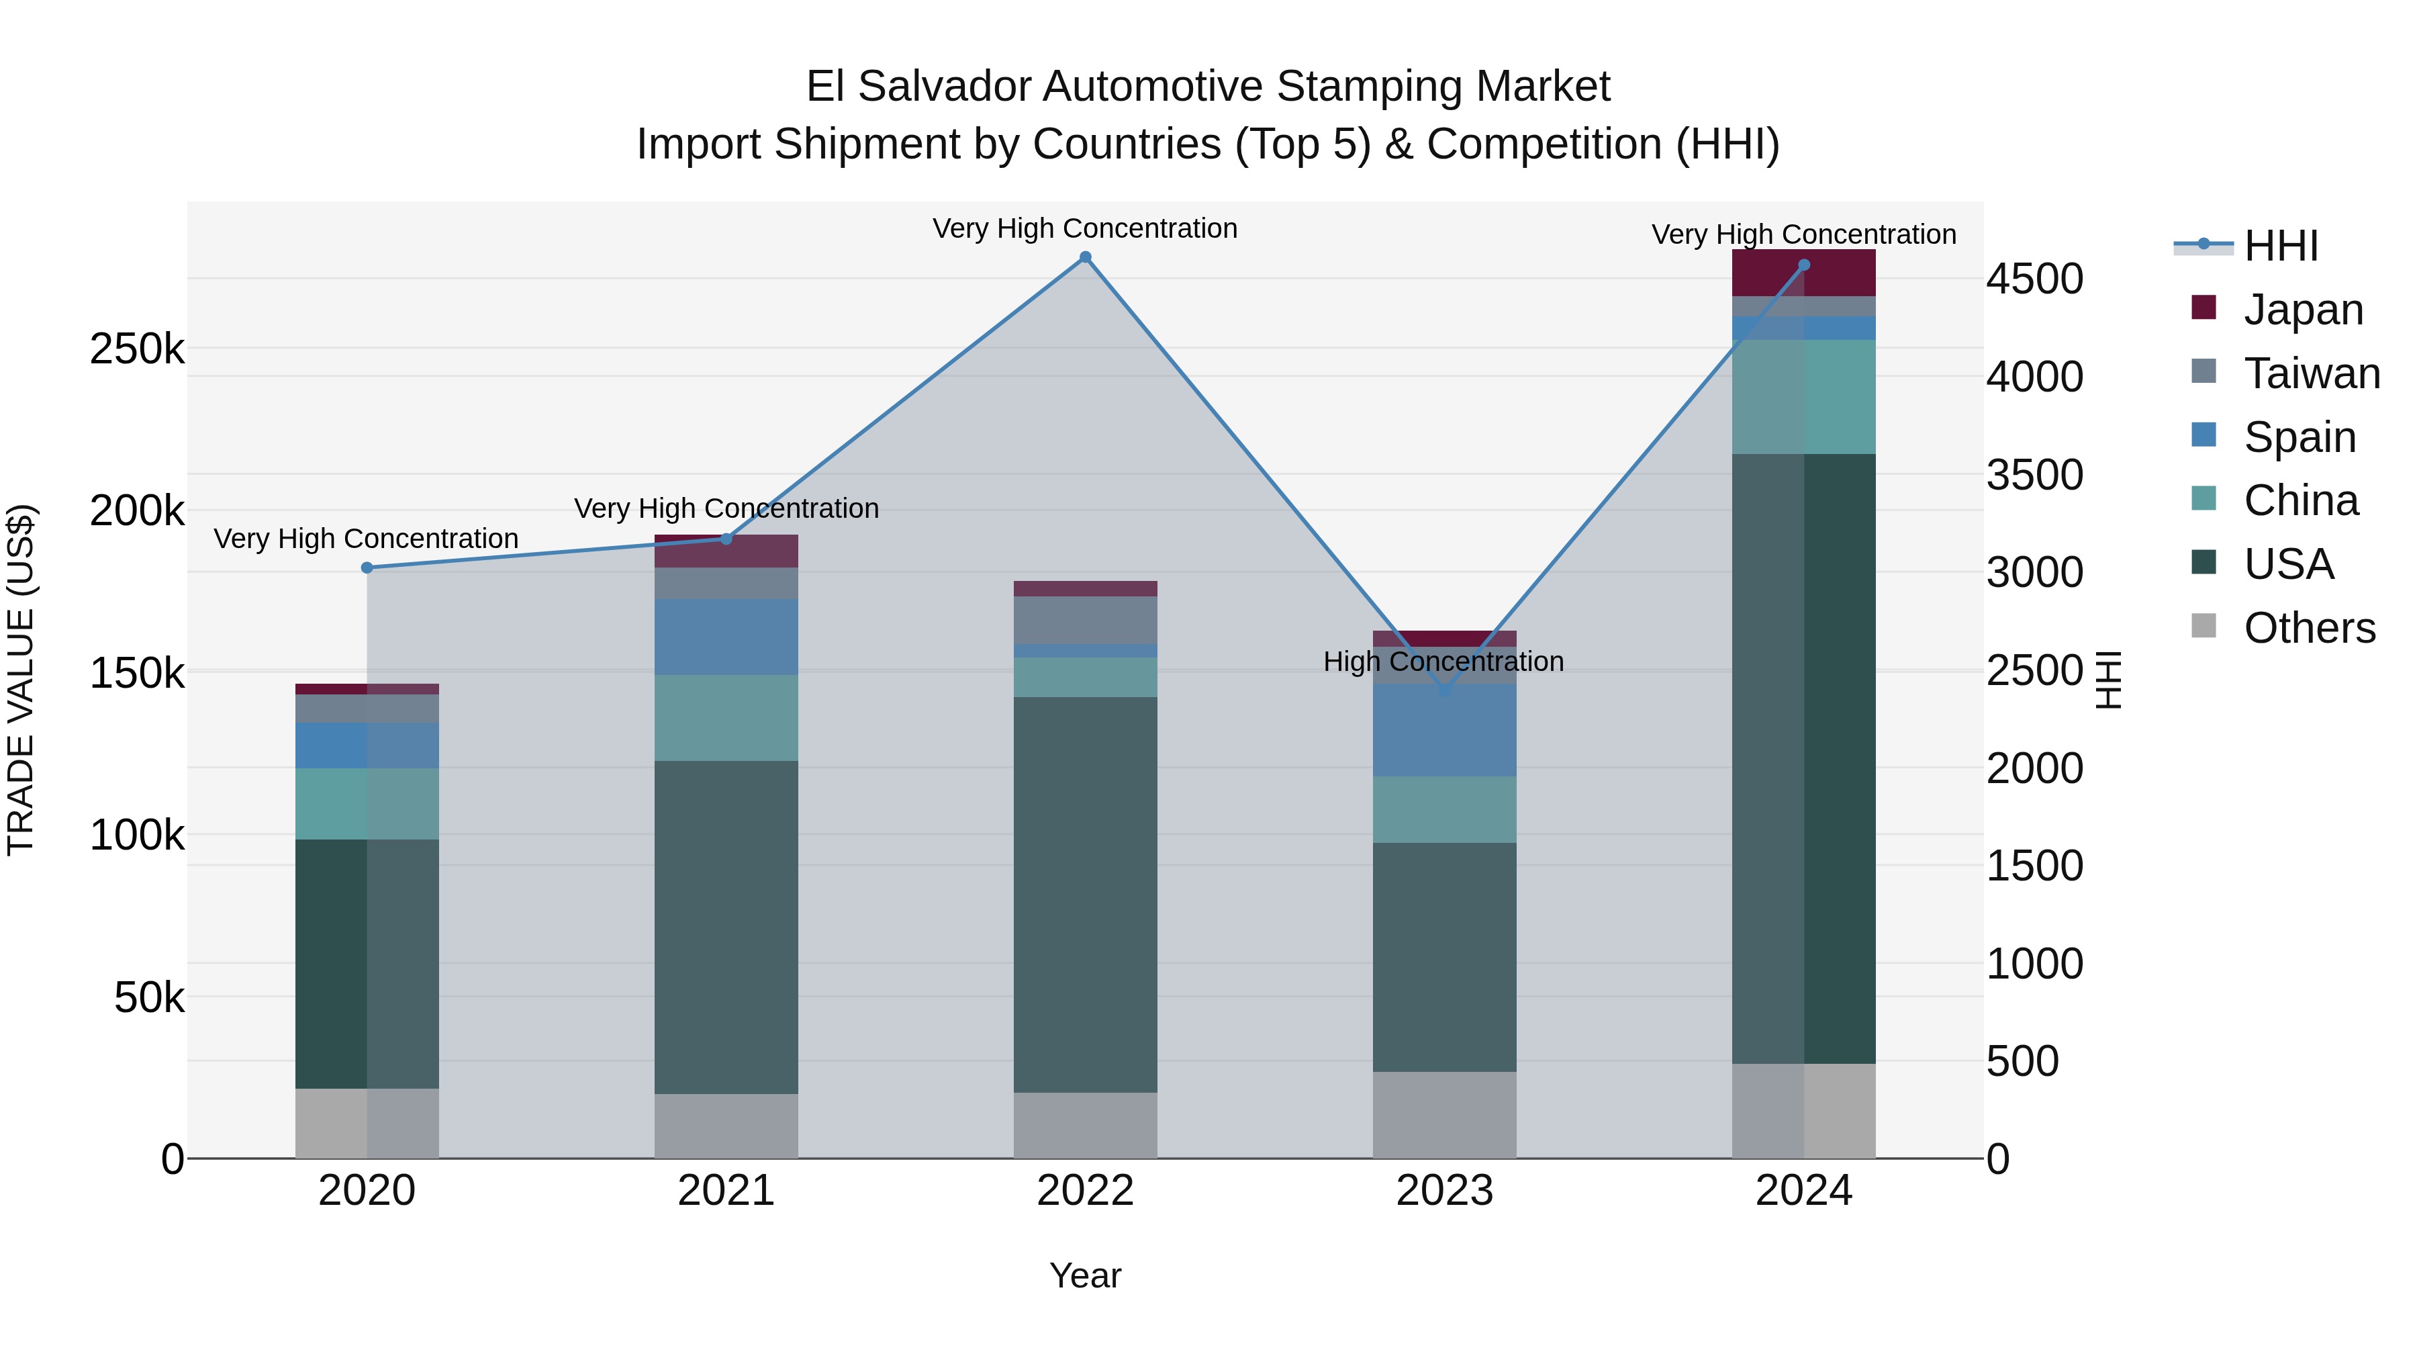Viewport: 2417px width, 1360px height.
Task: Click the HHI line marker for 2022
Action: (1085, 257)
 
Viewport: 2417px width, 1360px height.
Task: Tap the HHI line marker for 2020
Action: (367, 568)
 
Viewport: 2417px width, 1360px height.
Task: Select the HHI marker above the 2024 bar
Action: (1803, 265)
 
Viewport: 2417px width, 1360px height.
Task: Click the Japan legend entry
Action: (2303, 310)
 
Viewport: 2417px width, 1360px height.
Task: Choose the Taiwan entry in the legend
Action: (2311, 373)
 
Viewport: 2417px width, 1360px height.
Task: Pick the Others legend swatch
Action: (2203, 626)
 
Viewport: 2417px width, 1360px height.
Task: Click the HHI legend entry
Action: (2280, 246)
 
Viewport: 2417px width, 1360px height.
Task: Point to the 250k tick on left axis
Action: (137, 349)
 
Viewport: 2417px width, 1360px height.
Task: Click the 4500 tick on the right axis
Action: (2034, 279)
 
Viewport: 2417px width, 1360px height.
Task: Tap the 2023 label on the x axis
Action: (1444, 1191)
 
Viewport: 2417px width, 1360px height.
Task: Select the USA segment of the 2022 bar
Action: (1085, 892)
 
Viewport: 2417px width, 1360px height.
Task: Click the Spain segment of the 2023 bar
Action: (1444, 730)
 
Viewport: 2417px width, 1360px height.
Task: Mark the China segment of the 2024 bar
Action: (1803, 397)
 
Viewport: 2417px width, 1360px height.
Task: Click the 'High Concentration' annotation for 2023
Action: (1443, 662)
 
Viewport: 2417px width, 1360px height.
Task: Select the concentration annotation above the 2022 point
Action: (1085, 228)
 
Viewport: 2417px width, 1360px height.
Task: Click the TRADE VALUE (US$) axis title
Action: (21, 680)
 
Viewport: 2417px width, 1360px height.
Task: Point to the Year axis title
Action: (1085, 1275)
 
